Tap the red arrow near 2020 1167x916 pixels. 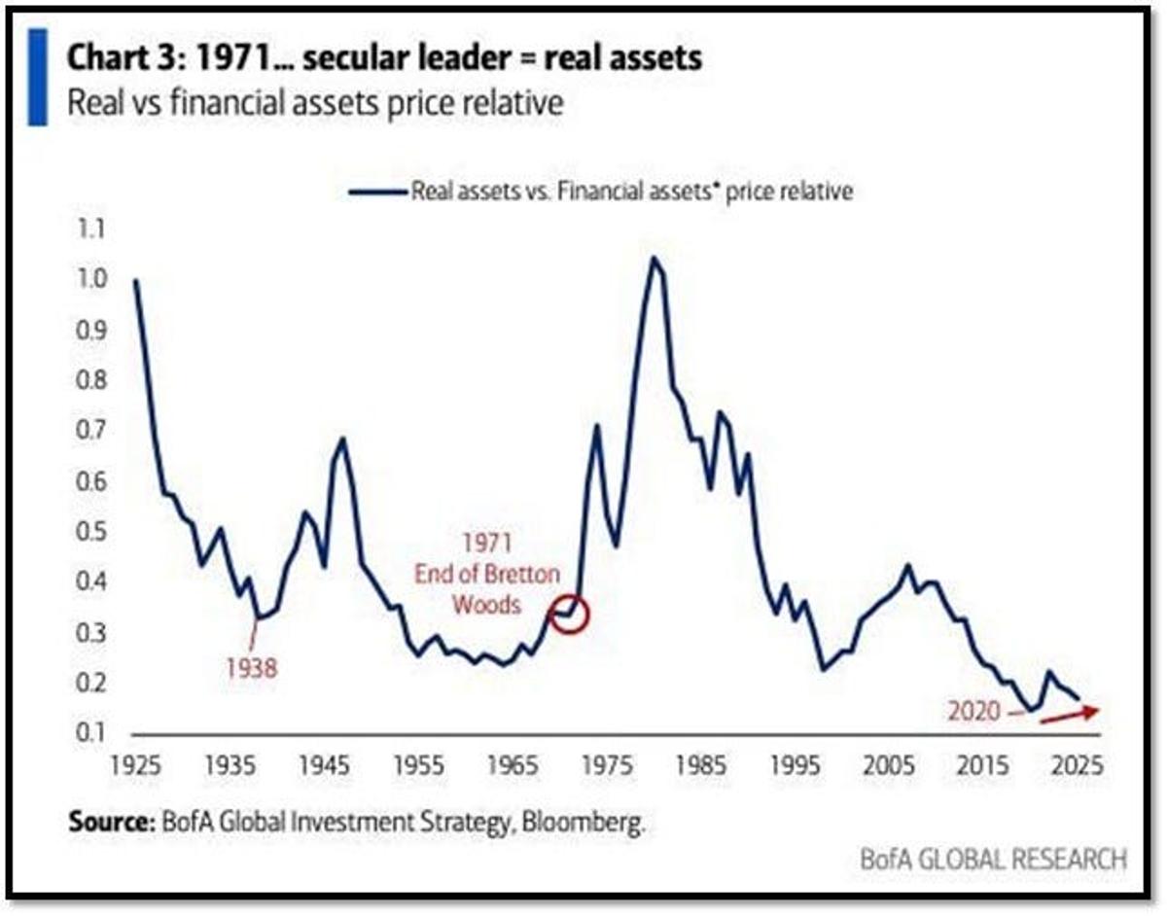tap(1070, 715)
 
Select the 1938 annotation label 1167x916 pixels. tap(252, 668)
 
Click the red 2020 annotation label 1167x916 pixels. tap(973, 711)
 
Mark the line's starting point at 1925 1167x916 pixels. tap(135, 280)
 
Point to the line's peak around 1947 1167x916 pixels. tap(341, 439)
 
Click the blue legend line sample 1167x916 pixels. tap(377, 192)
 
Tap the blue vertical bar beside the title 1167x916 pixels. tap(37, 77)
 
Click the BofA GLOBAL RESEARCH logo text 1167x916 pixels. tap(993, 860)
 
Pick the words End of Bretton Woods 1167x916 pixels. tap(487, 589)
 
